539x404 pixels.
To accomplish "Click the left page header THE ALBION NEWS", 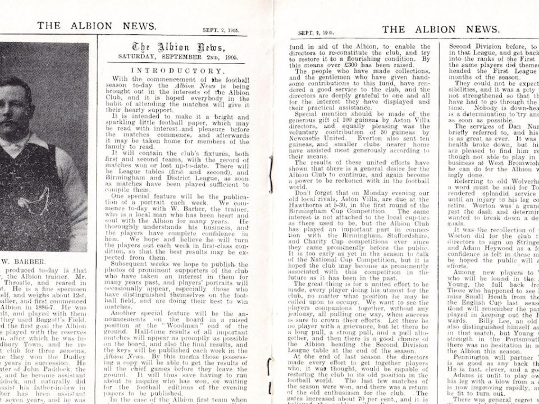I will tap(97, 26).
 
